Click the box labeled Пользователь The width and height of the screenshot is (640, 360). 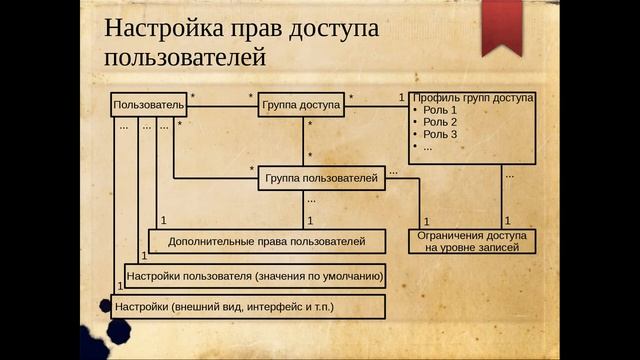149,105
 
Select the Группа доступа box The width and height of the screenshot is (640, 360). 301,105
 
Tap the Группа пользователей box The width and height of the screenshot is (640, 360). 320,179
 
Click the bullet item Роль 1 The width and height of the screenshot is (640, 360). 439,110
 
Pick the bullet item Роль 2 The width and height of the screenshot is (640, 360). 439,122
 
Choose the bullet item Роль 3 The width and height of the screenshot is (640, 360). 439,134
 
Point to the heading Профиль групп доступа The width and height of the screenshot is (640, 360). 472,98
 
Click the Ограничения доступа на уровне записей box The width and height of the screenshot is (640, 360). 471,240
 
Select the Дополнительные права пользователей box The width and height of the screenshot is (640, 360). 265,241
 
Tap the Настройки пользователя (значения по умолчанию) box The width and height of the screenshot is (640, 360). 254,274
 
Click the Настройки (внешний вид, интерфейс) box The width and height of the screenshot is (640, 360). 247,305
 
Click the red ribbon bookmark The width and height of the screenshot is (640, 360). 500,26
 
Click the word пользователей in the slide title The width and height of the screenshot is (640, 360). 184,58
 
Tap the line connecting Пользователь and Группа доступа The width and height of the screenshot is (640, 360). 221,105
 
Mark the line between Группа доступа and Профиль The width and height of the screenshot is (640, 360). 376,105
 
